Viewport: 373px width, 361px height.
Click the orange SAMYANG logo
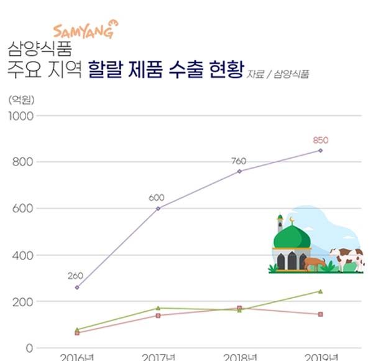pos(83,29)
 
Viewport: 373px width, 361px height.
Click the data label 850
pos(320,139)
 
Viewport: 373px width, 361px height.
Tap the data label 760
pos(238,161)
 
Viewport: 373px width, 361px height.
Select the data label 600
pos(157,198)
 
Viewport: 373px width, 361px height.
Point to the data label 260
pos(75,276)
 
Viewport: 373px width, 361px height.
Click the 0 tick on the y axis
pos(29,348)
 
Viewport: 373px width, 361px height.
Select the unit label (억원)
pos(21,98)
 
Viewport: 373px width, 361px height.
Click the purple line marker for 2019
pos(320,150)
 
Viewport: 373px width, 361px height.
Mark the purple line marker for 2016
pos(77,287)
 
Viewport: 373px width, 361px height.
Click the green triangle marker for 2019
pos(320,291)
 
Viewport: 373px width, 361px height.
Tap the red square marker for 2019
pos(320,314)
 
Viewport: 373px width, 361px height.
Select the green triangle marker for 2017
pos(158,307)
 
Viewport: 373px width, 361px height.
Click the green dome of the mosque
pos(292,237)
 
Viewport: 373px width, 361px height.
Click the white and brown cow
pos(347,258)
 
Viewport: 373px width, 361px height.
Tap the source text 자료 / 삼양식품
pos(278,74)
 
